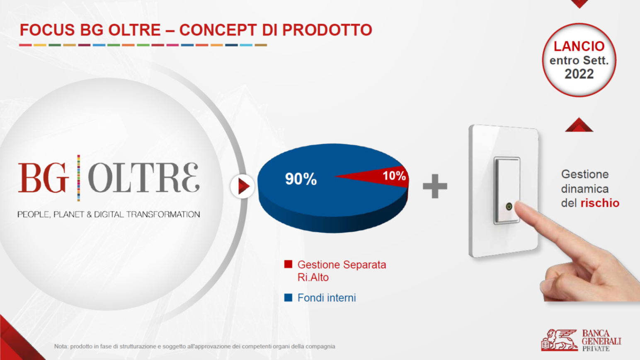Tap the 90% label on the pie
pyautogui.click(x=301, y=179)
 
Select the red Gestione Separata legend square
pyautogui.click(x=288, y=264)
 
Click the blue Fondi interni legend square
pyautogui.click(x=288, y=297)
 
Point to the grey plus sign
pyautogui.click(x=435, y=186)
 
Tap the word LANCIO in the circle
pyautogui.click(x=579, y=46)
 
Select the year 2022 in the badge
pyautogui.click(x=579, y=74)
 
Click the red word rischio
pyautogui.click(x=600, y=203)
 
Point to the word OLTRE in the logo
pyautogui.click(x=144, y=178)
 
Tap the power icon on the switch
pyautogui.click(x=509, y=206)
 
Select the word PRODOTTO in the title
pyautogui.click(x=327, y=30)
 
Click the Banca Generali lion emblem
pyautogui.click(x=559, y=340)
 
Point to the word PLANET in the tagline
pyautogui.click(x=68, y=215)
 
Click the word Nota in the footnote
pyautogui.click(x=61, y=346)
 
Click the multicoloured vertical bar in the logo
pyautogui.click(x=79, y=178)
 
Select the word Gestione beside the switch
pyautogui.click(x=585, y=174)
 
